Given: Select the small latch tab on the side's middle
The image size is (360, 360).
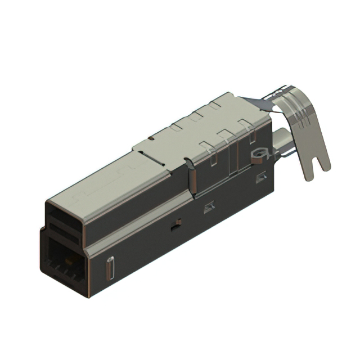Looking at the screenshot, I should [209, 206].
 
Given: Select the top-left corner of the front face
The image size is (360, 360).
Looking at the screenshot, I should [47, 202].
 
